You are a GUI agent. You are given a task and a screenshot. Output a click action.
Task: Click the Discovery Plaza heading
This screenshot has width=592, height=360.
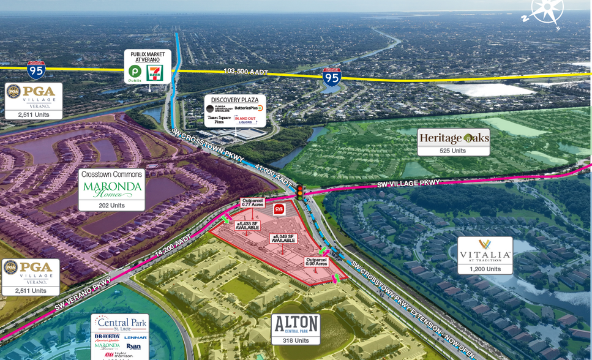[239, 100]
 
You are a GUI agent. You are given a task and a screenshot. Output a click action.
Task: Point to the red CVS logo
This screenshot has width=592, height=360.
[280, 209]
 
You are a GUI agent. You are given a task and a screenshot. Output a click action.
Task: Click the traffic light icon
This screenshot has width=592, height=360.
[300, 192]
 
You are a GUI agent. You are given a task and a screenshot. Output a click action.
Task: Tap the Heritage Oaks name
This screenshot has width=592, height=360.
[454, 138]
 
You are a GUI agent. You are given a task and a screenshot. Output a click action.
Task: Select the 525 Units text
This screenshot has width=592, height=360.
[454, 151]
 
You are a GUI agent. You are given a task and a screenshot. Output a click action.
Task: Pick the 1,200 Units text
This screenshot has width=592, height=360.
[485, 269]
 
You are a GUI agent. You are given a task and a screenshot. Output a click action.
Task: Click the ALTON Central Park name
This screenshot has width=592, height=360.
[296, 324]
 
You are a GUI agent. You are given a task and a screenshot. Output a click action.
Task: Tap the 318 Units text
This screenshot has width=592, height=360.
[296, 340]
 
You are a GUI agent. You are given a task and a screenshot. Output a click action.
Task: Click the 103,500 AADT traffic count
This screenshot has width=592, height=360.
[246, 72]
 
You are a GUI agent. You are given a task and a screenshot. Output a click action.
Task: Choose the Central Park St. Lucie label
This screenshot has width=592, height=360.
[119, 323]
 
